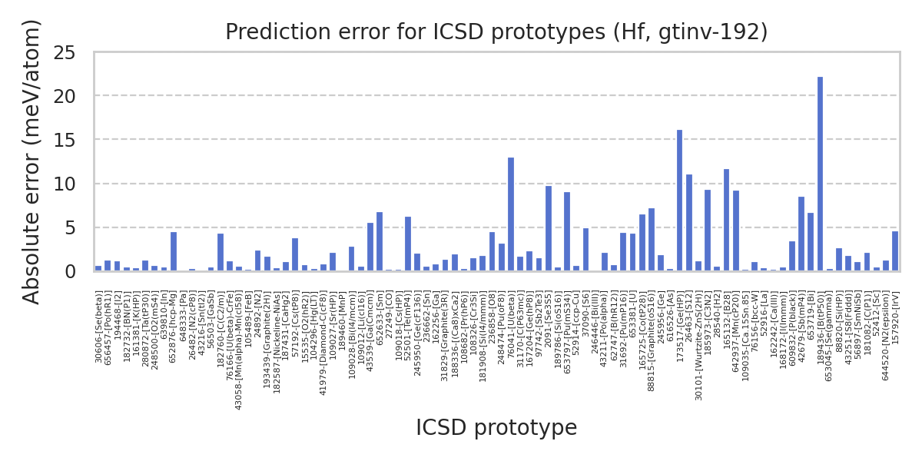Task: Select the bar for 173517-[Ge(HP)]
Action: (679, 201)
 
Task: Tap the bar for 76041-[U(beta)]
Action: (511, 214)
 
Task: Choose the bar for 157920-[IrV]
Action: (894, 251)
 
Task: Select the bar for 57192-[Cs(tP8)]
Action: (295, 255)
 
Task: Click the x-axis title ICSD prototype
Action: (496, 428)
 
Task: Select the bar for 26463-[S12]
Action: (689, 223)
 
